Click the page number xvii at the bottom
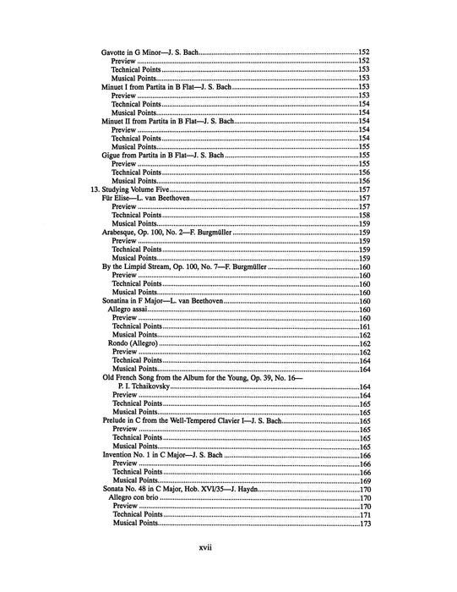[x=204, y=548]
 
